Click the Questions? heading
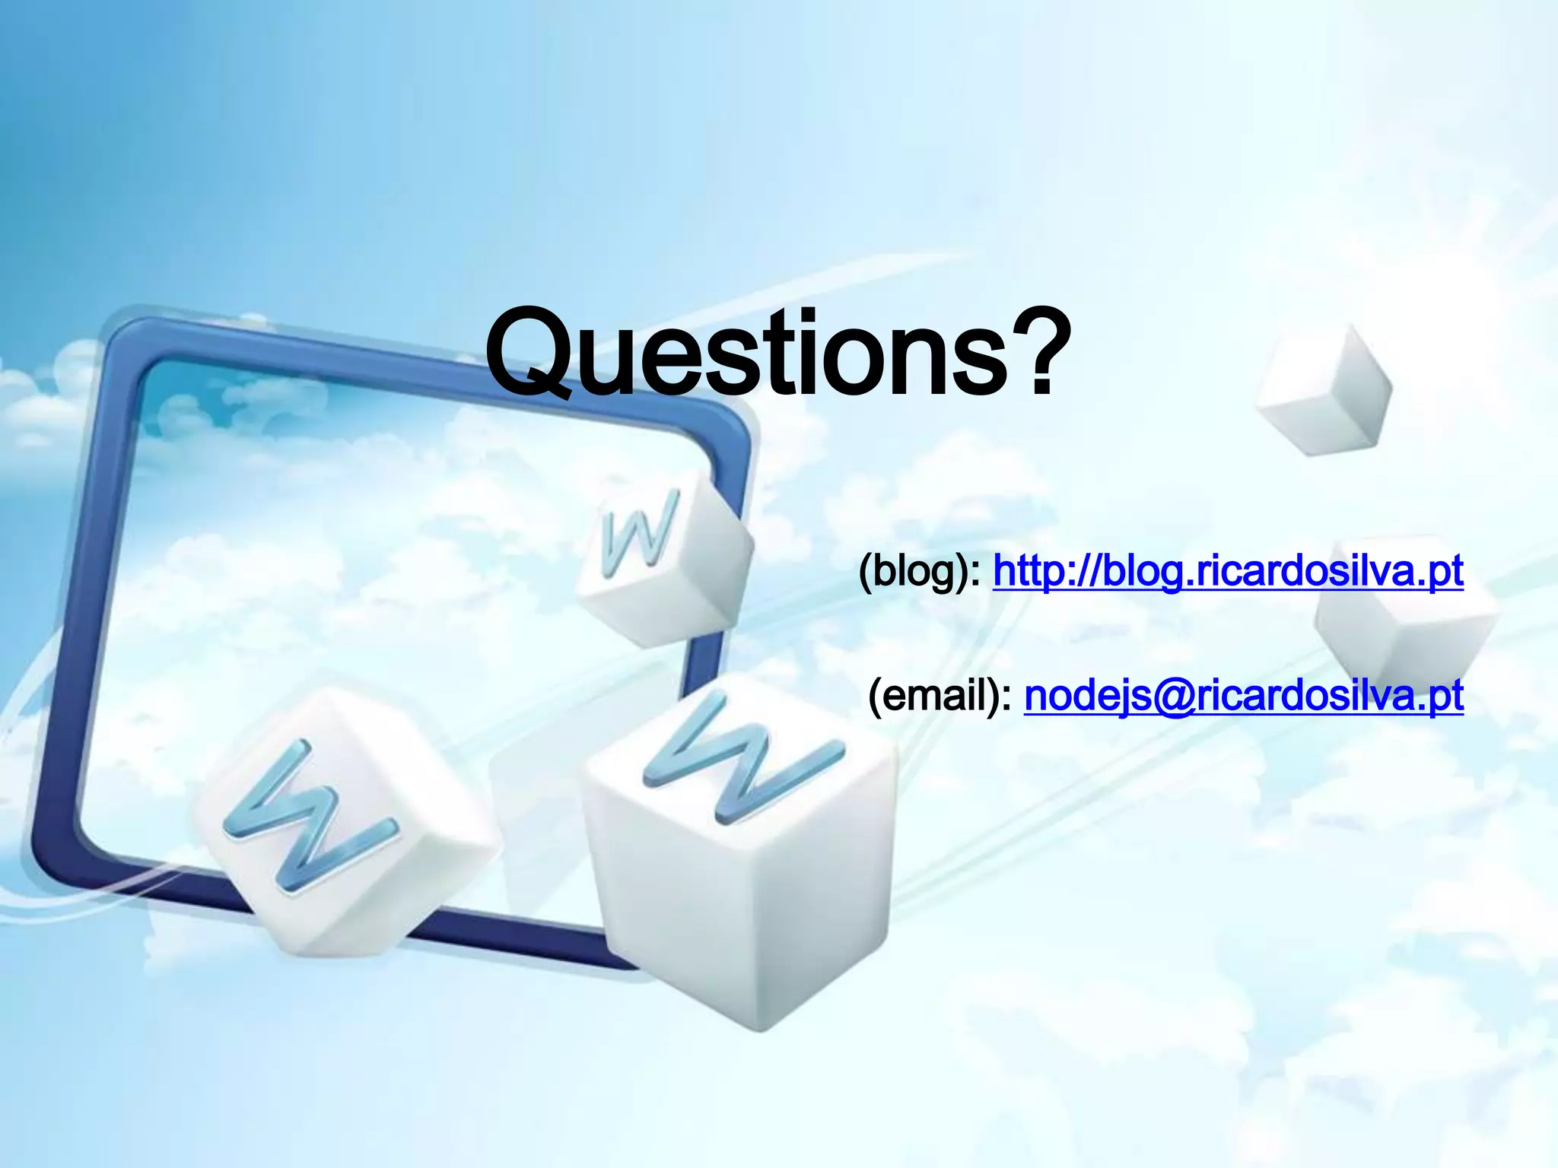pos(777,354)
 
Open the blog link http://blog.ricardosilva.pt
pos(1228,572)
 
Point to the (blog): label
pos(920,572)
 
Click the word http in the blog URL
pos(1031,572)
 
